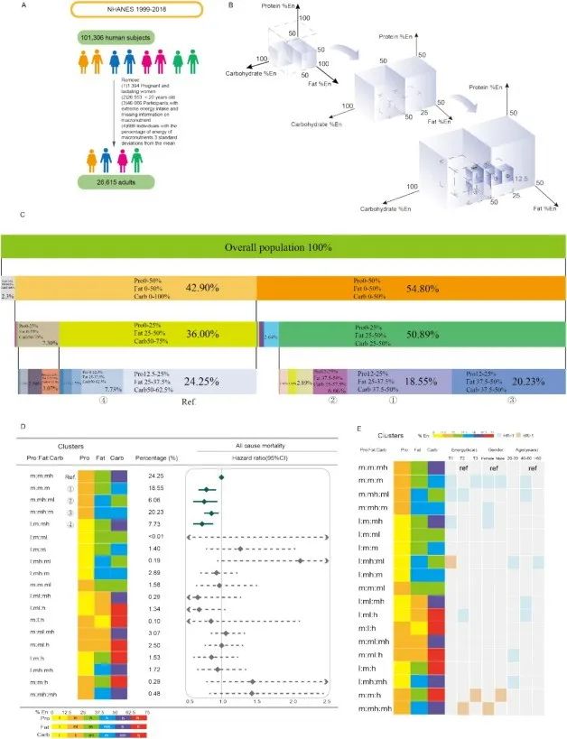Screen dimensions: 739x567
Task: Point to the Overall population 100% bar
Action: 283,247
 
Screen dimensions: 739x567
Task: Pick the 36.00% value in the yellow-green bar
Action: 206,334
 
